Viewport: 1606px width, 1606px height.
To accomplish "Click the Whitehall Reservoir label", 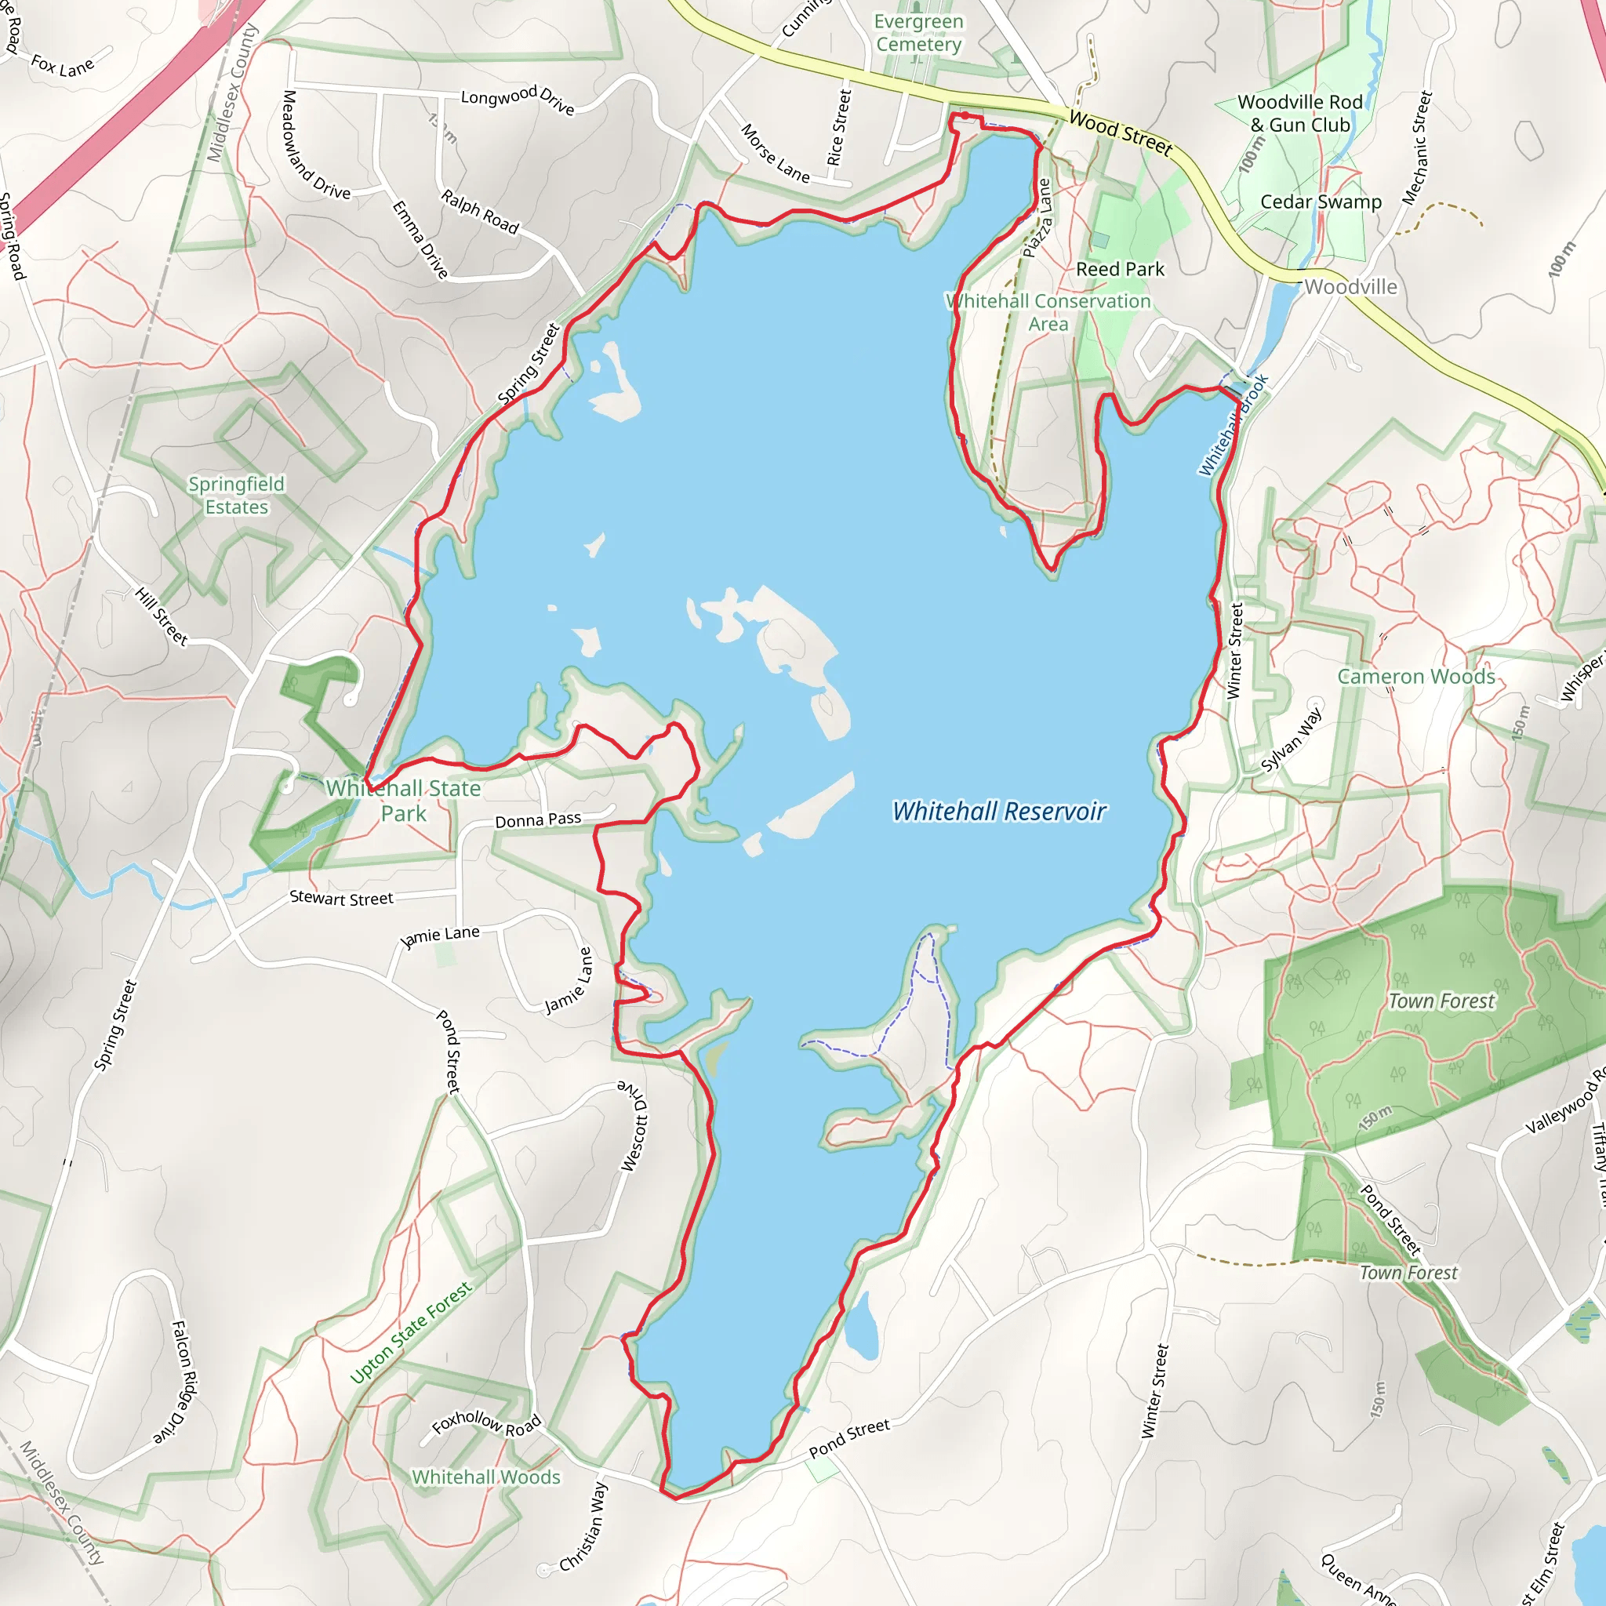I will pos(998,812).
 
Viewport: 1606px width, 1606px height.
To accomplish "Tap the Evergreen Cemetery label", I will pos(918,33).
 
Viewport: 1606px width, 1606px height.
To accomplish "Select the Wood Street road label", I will pos(1121,133).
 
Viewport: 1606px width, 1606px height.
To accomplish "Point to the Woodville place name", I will pos(1351,287).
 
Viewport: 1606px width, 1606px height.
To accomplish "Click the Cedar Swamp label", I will pos(1321,202).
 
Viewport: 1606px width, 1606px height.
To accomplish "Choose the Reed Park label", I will pos(1120,269).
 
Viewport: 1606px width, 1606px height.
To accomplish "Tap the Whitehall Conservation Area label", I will pos(1048,313).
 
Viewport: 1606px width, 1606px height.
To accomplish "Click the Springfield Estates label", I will pos(237,496).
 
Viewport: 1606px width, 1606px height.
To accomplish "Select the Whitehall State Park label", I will pos(403,801).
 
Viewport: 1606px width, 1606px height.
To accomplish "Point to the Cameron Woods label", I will pos(1415,677).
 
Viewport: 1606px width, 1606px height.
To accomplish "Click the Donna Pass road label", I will pos(538,820).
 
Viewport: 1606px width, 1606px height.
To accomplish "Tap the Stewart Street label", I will pos(341,899).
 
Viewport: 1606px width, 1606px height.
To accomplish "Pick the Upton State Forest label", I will pos(411,1332).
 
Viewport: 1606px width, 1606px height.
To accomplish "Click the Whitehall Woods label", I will pos(486,1477).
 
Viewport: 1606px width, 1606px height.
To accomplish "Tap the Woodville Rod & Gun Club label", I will pos(1300,114).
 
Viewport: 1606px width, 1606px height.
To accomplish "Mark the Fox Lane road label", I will pos(63,66).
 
